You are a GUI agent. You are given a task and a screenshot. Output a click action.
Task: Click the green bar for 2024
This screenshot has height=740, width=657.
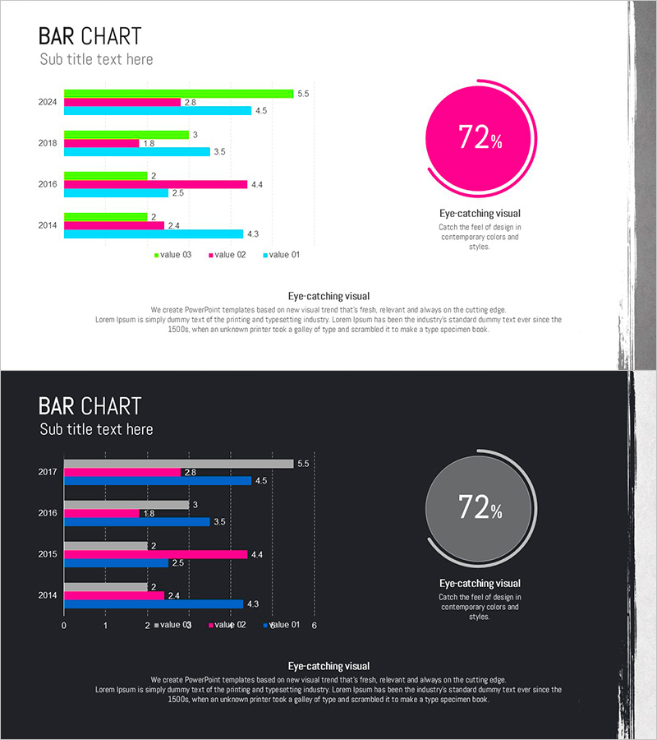click(x=178, y=94)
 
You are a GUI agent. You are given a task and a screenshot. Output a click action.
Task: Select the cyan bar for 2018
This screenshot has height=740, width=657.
click(x=136, y=152)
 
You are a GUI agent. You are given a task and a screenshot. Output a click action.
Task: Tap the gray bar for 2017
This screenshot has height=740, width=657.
click(x=178, y=464)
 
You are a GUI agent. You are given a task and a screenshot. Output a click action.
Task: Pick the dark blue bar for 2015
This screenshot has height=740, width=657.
click(x=116, y=563)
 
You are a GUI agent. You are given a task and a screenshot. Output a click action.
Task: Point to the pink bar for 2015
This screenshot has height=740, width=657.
click(x=155, y=554)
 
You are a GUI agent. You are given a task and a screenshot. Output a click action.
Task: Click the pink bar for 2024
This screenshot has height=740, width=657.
click(x=122, y=102)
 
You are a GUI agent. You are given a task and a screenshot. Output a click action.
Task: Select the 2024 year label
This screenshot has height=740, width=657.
click(x=48, y=102)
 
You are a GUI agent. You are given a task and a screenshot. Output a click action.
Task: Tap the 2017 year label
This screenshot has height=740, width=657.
click(x=48, y=472)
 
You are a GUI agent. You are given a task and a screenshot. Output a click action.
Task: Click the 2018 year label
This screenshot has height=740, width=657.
click(x=48, y=143)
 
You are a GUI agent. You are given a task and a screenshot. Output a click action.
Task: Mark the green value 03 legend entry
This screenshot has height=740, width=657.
click(x=172, y=255)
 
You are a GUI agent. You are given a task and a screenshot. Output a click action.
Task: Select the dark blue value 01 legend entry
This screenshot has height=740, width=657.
click(x=282, y=625)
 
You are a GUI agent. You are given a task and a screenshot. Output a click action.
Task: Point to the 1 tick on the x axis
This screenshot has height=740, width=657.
click(x=105, y=626)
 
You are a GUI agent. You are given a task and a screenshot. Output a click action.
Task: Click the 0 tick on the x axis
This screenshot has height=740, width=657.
click(x=64, y=626)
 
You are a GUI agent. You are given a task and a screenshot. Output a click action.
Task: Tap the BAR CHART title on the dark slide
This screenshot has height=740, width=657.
click(x=90, y=406)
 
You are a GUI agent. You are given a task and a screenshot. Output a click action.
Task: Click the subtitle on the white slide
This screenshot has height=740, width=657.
click(x=96, y=59)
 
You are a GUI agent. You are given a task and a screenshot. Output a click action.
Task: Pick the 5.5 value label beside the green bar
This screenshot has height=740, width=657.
click(x=303, y=94)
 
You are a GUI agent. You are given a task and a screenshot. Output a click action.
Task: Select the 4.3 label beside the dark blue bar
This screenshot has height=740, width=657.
click(x=253, y=604)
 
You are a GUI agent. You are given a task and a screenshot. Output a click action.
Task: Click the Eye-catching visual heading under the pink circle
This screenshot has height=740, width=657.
click(x=480, y=214)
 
